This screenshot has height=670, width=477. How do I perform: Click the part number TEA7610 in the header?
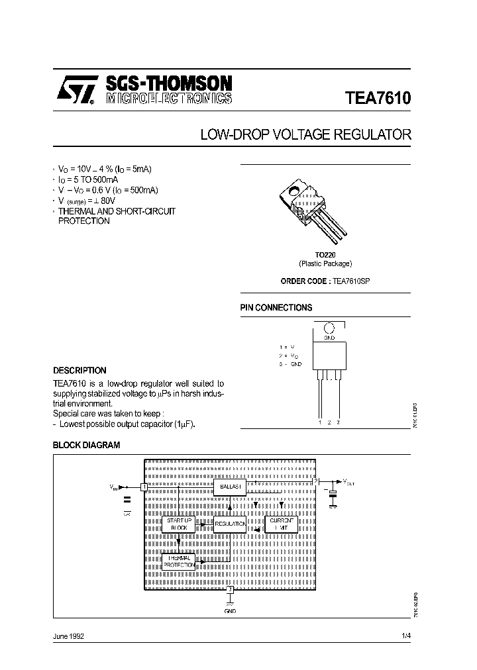pyautogui.click(x=378, y=98)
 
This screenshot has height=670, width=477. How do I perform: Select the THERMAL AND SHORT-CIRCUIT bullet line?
pyautogui.click(x=117, y=211)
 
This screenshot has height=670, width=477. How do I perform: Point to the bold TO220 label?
pyautogui.click(x=325, y=254)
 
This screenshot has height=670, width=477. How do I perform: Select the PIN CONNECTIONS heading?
pyautogui.click(x=276, y=308)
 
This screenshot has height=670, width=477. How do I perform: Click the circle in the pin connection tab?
pyautogui.click(x=329, y=328)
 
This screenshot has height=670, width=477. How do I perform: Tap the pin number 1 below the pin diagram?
pyautogui.click(x=320, y=422)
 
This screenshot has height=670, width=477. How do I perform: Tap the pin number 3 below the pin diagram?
pyautogui.click(x=339, y=422)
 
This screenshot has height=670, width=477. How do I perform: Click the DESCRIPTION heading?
pyautogui.click(x=79, y=371)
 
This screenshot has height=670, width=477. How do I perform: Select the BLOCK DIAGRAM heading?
pyautogui.click(x=87, y=446)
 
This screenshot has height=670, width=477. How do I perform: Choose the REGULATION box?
pyautogui.click(x=230, y=524)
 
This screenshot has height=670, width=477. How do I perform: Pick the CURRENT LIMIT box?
pyautogui.click(x=282, y=524)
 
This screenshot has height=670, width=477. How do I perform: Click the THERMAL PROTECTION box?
pyautogui.click(x=178, y=561)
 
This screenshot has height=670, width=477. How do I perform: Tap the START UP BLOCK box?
pyautogui.click(x=178, y=524)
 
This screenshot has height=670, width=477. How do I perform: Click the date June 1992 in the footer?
pyautogui.click(x=68, y=636)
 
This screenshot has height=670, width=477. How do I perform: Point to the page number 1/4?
pyautogui.click(x=406, y=636)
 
